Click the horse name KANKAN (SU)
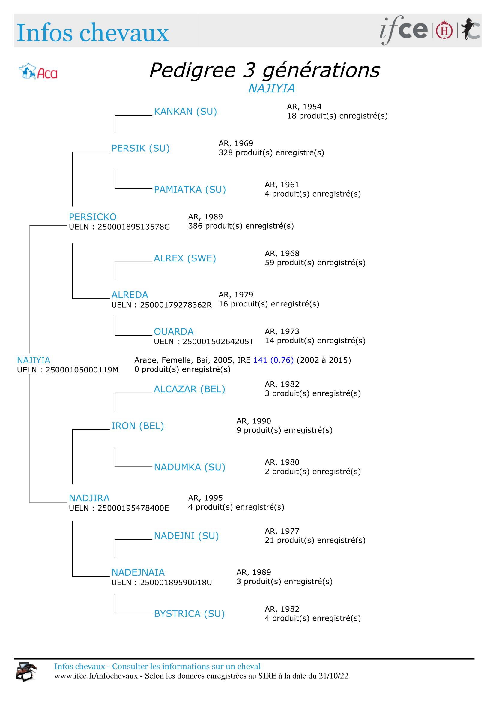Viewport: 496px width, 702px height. [185, 112]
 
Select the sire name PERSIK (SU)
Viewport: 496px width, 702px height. [140, 148]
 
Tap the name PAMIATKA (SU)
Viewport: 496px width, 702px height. [190, 190]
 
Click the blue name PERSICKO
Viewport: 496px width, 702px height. [93, 217]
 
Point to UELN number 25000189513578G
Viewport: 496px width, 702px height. [133, 227]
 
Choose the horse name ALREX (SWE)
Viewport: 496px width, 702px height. [185, 258]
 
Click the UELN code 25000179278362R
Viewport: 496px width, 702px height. [176, 305]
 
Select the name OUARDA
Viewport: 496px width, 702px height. [173, 332]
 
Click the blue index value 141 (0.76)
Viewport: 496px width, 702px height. [273, 360]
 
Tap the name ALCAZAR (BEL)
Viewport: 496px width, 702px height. [189, 389]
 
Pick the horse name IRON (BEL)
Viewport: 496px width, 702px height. [137, 426]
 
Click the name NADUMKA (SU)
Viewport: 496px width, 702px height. [189, 467]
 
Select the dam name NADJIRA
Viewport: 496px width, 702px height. [89, 498]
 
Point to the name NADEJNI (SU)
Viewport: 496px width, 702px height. [186, 536]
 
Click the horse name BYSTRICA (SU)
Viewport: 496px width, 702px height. [189, 614]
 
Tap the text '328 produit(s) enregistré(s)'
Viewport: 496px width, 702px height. [271, 152]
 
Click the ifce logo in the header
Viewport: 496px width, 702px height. [403, 30]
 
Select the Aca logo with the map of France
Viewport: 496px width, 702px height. [38, 72]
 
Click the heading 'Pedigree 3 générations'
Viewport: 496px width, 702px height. [264, 70]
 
